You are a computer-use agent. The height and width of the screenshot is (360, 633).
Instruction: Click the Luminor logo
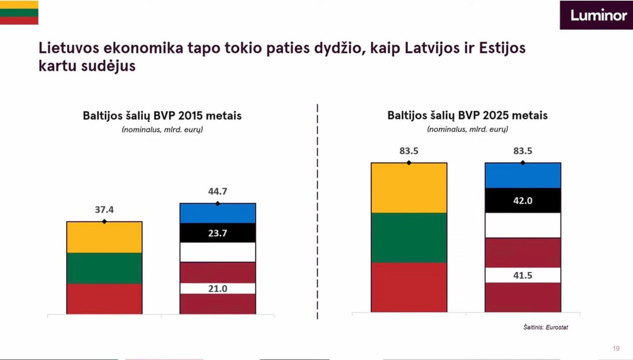pyautogui.click(x=595, y=15)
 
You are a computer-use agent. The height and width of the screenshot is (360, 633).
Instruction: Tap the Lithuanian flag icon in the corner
pyautogui.click(x=19, y=12)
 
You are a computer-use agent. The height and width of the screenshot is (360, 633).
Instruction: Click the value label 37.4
pyautogui.click(x=104, y=210)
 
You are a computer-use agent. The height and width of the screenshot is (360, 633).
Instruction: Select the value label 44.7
pyautogui.click(x=217, y=192)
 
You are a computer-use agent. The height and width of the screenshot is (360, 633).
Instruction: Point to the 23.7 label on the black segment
pyautogui.click(x=217, y=233)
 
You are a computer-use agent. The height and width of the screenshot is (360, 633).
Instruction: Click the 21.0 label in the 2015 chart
pyautogui.click(x=217, y=288)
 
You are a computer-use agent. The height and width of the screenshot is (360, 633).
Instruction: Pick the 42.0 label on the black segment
pyautogui.click(x=523, y=201)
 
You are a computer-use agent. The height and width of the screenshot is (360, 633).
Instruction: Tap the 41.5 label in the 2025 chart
pyautogui.click(x=523, y=275)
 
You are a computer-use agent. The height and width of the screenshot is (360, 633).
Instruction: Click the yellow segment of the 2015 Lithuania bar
pyautogui.click(x=104, y=237)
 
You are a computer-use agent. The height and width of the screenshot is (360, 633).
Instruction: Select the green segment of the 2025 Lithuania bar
pyautogui.click(x=409, y=237)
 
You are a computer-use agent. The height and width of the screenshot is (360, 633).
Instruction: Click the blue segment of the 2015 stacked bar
pyautogui.click(x=217, y=213)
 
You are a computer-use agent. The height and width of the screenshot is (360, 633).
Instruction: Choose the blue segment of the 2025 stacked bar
pyautogui.click(x=523, y=175)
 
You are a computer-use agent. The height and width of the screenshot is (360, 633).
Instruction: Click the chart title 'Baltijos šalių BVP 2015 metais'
pyautogui.click(x=162, y=116)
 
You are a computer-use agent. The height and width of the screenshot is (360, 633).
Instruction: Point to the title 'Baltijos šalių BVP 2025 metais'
pyautogui.click(x=467, y=116)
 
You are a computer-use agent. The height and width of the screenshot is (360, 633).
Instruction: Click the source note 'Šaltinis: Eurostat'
pyautogui.click(x=546, y=327)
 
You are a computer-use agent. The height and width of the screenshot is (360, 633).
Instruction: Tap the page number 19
pyautogui.click(x=616, y=349)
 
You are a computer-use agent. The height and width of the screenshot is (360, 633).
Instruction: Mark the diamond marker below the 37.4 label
pyautogui.click(x=104, y=222)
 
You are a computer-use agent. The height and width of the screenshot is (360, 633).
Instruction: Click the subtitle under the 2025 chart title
pyautogui.click(x=467, y=129)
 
